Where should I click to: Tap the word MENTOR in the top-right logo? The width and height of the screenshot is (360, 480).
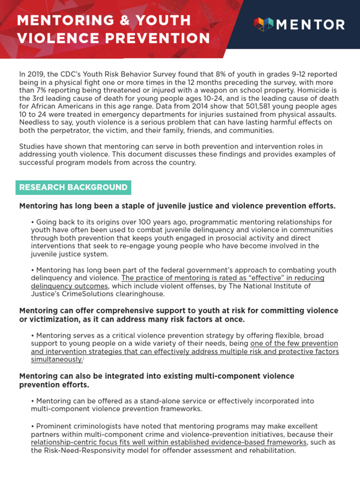pyautogui.click(x=310, y=25)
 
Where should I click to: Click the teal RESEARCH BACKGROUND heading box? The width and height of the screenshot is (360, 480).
pyautogui.click(x=73, y=187)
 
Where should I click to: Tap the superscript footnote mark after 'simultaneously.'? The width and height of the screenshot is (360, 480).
pyautogui.click(x=84, y=358)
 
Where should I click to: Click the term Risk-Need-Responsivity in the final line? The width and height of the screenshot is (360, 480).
pyautogui.click(x=86, y=450)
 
